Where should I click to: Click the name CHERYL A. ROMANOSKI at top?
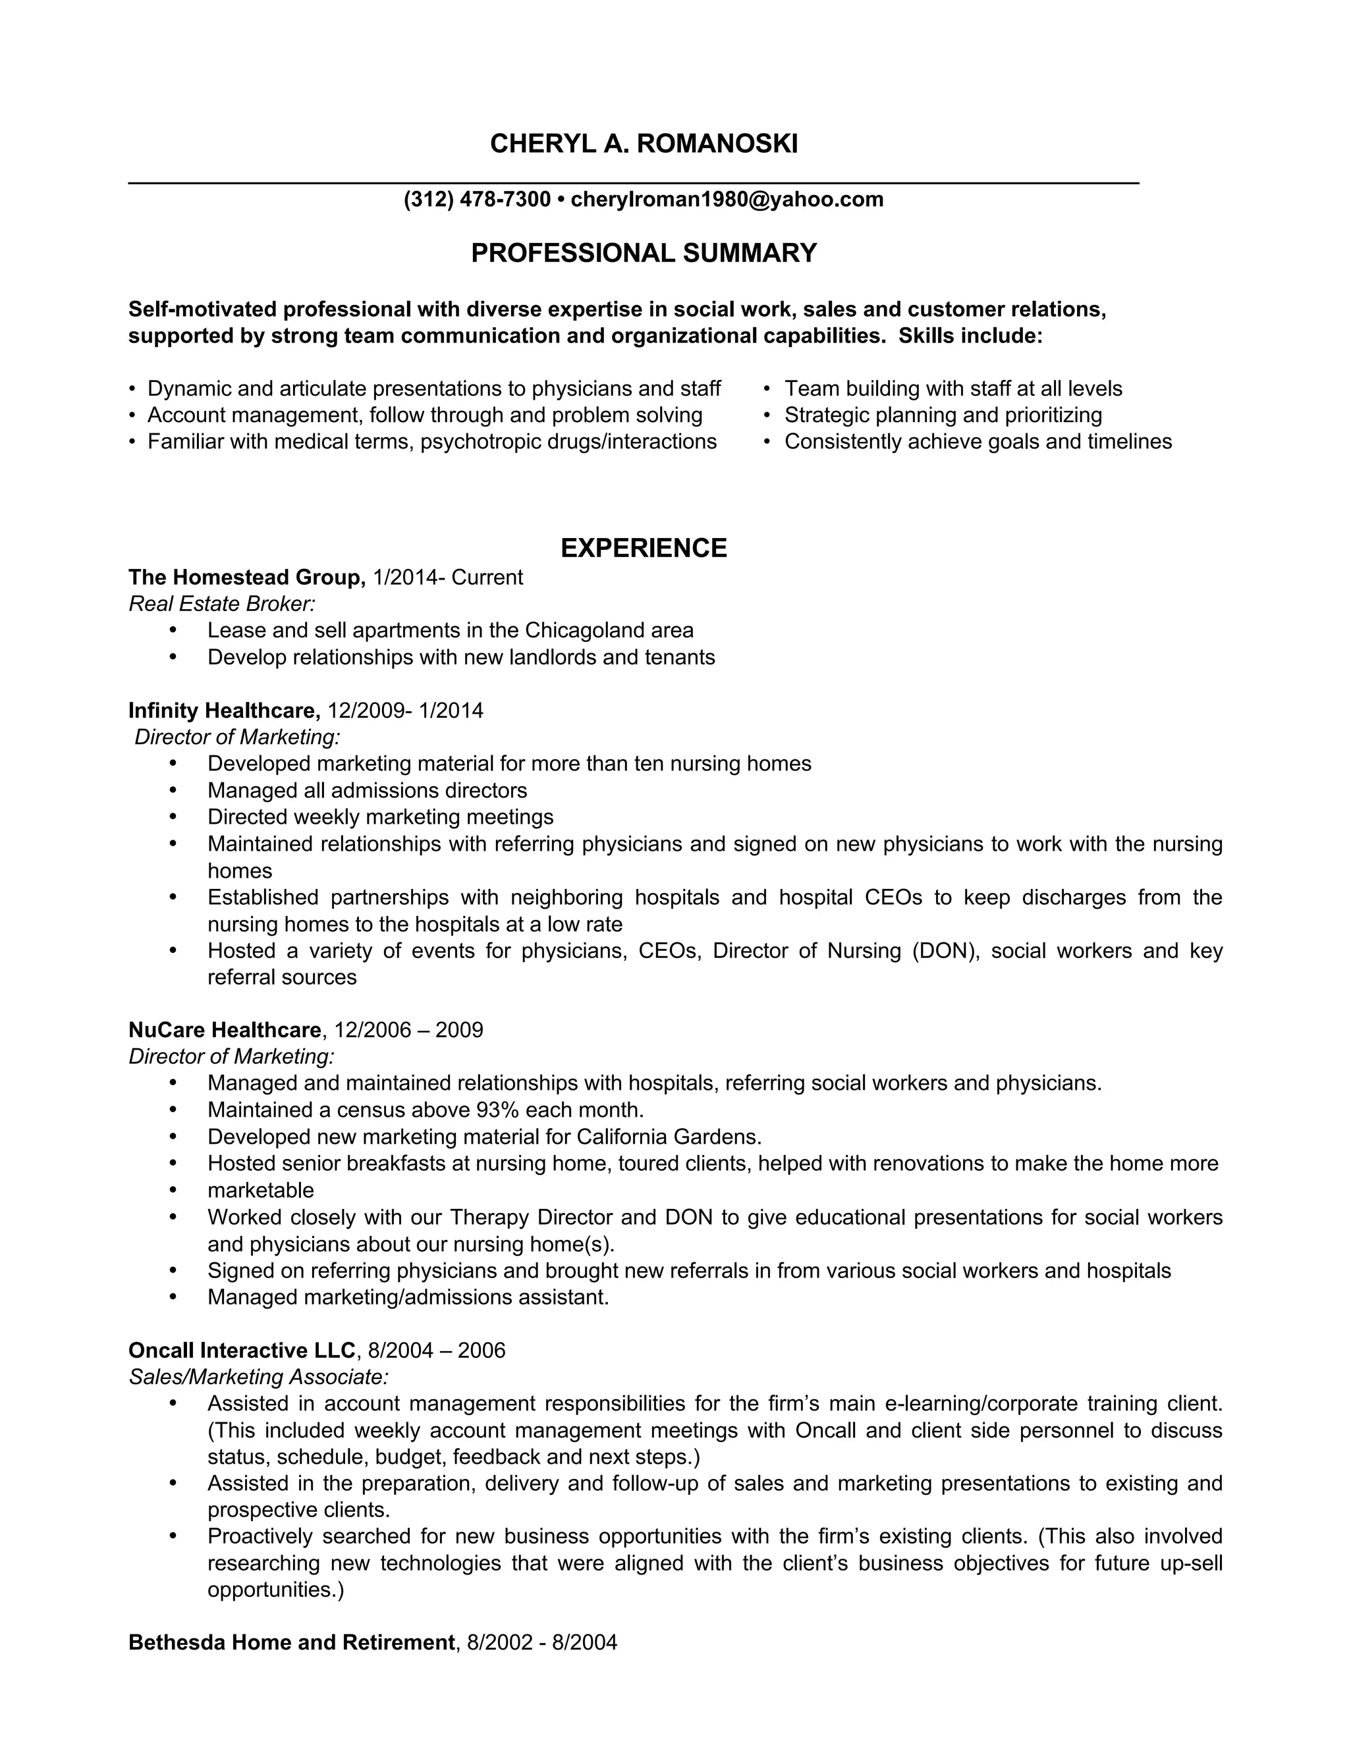point(644,144)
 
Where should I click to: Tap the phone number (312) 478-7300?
point(477,199)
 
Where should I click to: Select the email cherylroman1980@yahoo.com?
point(727,199)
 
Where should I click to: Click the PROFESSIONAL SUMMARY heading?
point(644,254)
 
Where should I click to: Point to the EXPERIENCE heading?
point(644,548)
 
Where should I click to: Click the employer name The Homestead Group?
point(246,577)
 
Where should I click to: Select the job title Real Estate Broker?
point(221,604)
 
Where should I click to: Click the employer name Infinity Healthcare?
point(224,711)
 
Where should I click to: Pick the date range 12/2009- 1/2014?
point(405,711)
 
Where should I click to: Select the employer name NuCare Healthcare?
point(225,1030)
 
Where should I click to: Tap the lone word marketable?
point(261,1191)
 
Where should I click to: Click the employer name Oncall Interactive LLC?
point(241,1351)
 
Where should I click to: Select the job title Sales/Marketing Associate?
point(258,1377)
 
